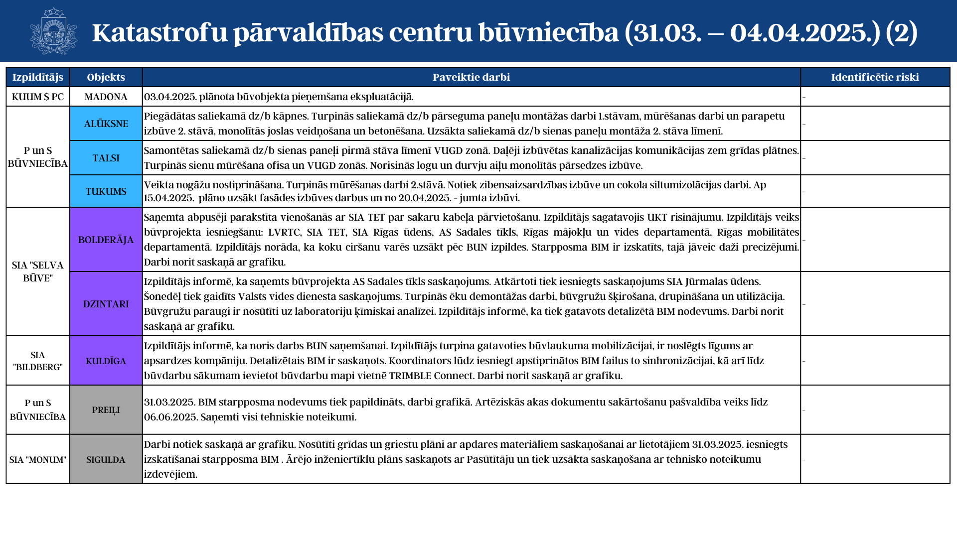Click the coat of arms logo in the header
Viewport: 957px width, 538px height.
point(53,31)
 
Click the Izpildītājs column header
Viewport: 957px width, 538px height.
point(38,77)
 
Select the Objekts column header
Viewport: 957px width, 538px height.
point(106,77)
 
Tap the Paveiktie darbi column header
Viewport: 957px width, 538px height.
point(471,77)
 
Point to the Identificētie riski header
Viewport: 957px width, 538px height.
point(875,77)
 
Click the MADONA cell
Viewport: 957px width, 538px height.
point(106,97)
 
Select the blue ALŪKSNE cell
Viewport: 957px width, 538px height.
point(106,124)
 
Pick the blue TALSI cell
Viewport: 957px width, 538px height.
point(106,158)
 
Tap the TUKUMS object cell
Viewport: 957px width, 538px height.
point(106,191)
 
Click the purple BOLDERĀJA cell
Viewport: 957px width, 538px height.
point(106,240)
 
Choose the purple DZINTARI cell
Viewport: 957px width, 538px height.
point(106,304)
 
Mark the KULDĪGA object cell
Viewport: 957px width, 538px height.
point(106,361)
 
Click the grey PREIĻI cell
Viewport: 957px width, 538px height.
point(106,410)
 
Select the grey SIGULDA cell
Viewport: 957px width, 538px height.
point(106,459)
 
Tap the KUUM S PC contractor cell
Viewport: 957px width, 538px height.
point(38,97)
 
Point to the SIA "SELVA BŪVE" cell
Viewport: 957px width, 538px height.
point(38,271)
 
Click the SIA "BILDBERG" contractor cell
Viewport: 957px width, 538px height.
point(38,361)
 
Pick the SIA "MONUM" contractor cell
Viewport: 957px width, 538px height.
point(38,459)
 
